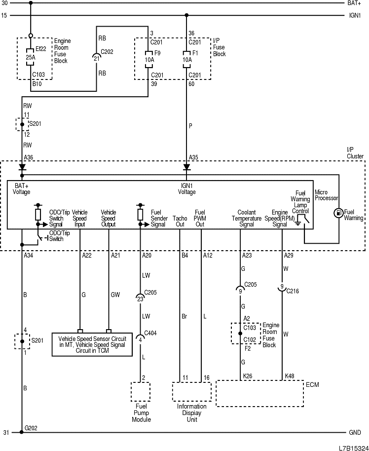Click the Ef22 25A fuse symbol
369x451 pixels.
(30, 57)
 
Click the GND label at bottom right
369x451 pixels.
(355, 433)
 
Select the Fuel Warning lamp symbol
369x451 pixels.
(338, 213)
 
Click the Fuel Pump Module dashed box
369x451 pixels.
(141, 393)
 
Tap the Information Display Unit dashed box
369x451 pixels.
(191, 392)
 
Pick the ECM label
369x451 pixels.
(312, 384)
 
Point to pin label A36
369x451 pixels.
(29, 158)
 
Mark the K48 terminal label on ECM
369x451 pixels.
(290, 376)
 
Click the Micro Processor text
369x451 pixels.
(326, 195)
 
